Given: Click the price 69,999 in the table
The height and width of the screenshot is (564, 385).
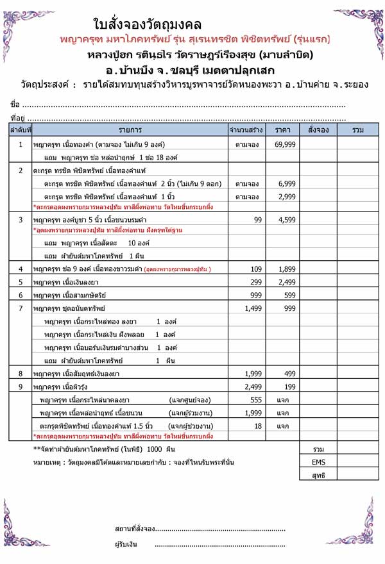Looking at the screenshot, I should [x=284, y=144].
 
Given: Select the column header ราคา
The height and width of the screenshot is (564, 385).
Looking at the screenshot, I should [x=284, y=131].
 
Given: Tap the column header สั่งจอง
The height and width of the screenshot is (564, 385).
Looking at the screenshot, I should [x=318, y=131].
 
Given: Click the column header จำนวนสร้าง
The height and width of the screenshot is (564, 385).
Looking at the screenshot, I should [x=246, y=131].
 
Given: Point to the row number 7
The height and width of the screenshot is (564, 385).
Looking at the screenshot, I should [x=21, y=308].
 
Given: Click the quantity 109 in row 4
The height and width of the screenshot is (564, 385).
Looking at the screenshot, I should [x=257, y=269].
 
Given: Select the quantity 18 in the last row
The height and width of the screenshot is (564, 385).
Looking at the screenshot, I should [x=259, y=426].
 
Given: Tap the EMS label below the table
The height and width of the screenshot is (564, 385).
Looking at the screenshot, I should [x=319, y=461].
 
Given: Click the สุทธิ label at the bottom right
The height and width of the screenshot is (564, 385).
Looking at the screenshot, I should [x=319, y=475].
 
